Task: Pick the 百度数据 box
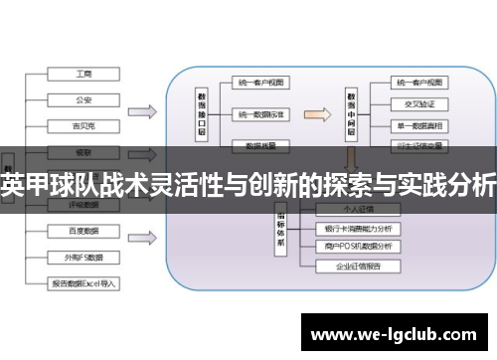83,231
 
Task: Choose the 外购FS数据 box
83,256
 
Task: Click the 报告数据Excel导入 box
83,282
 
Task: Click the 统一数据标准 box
261,114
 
